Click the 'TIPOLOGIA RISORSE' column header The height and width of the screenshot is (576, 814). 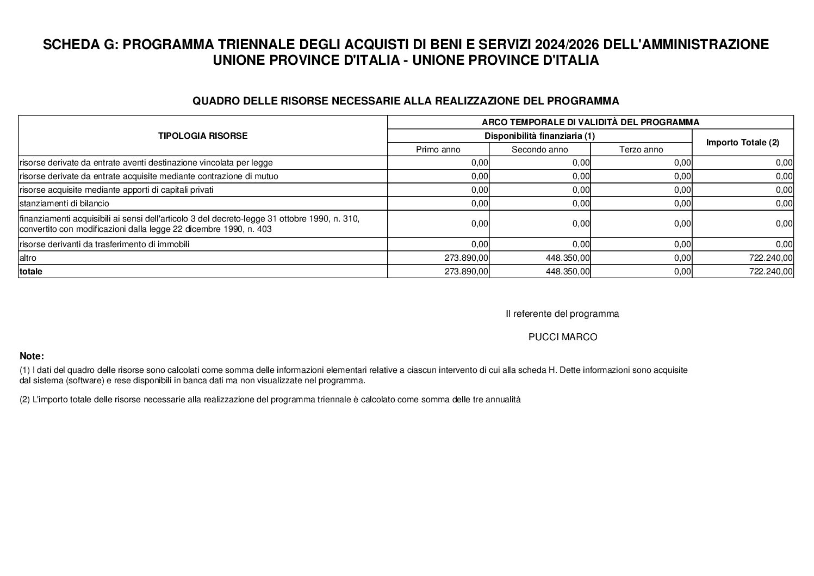tap(202, 136)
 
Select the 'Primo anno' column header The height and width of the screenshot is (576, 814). tap(438, 150)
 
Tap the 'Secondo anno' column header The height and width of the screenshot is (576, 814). tap(539, 150)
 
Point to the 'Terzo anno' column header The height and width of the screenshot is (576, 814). tap(641, 150)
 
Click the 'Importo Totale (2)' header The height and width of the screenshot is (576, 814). tap(742, 143)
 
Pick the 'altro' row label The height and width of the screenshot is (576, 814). tap(28, 258)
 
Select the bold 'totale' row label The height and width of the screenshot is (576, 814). tap(31, 271)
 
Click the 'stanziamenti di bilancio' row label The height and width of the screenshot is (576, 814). tap(64, 204)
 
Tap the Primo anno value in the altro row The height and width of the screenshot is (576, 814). tap(467, 258)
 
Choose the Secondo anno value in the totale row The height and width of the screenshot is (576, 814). tap(568, 271)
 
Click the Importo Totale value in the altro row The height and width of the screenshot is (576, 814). tap(770, 258)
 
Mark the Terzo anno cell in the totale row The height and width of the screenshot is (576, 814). tap(682, 271)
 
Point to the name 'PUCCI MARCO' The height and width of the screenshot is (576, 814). tap(563, 338)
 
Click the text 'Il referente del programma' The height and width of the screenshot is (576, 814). tap(562, 314)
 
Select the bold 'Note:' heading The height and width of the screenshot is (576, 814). tap(32, 357)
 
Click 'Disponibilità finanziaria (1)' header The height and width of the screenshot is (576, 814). tap(539, 136)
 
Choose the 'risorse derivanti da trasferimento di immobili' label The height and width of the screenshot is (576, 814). tap(104, 244)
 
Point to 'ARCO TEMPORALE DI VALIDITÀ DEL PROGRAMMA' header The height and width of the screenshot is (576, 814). tap(590, 122)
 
